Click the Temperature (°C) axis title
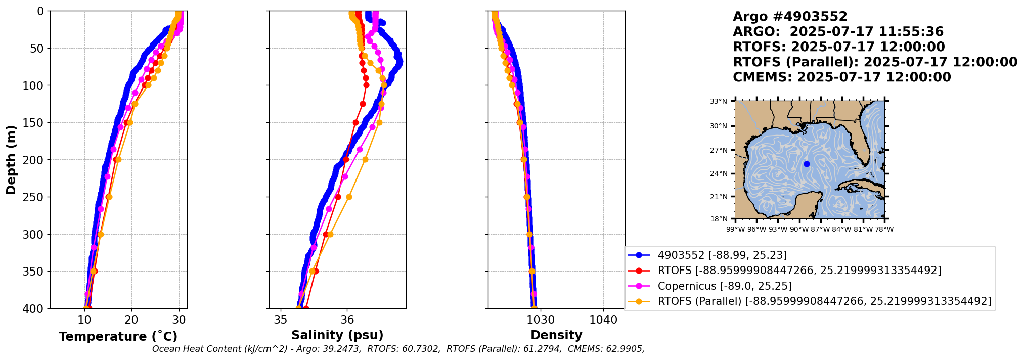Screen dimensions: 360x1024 tap(118, 337)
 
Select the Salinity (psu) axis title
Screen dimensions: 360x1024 tap(337, 335)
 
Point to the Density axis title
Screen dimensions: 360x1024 tap(556, 335)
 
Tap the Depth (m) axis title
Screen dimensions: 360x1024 tap(11, 160)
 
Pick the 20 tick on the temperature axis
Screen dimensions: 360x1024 tap(131, 320)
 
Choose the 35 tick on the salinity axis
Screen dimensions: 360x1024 tap(281, 320)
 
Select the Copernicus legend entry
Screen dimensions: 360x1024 tap(724, 286)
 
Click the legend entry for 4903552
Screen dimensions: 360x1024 tap(722, 255)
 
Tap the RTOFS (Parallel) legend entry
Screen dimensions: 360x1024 tap(824, 301)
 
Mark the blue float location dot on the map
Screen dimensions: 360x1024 tap(807, 164)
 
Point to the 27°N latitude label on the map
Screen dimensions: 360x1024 tap(719, 150)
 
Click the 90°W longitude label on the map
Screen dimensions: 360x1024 tap(799, 230)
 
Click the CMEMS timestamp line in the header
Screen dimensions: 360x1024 tap(841, 77)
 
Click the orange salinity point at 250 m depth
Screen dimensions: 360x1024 tap(349, 197)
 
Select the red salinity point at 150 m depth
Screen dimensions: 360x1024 tap(355, 122)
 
